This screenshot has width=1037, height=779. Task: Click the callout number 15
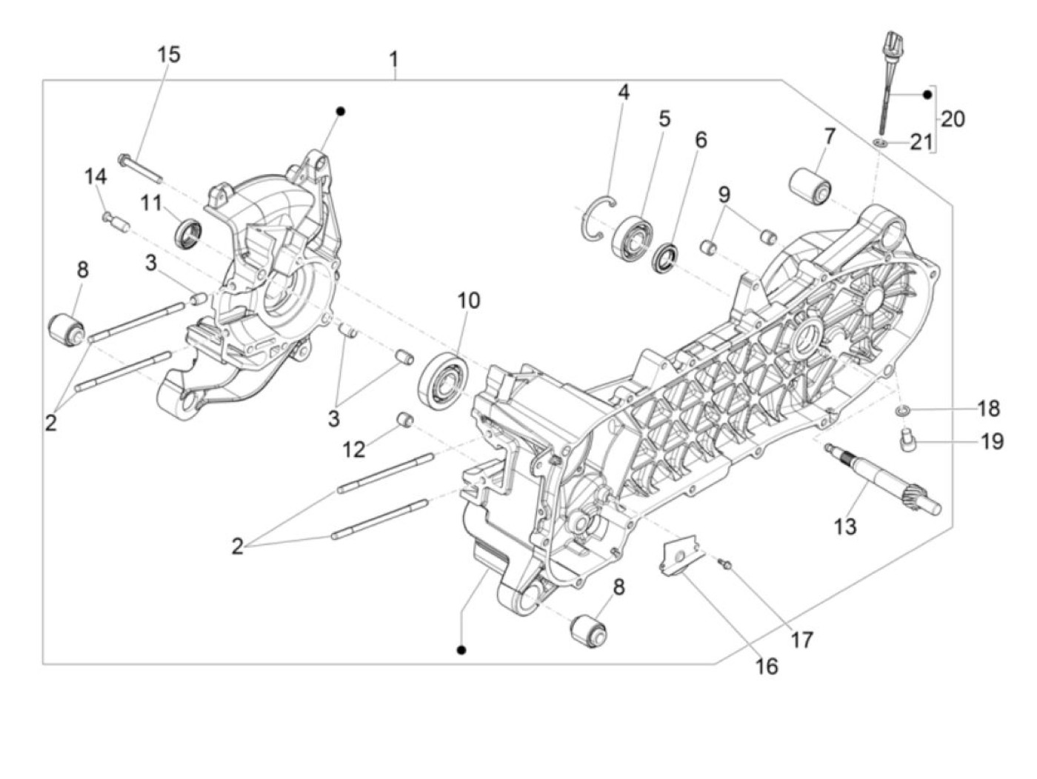[x=168, y=54]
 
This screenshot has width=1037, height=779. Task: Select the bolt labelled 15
[x=139, y=167]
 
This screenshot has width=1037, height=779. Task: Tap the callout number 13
[x=844, y=527]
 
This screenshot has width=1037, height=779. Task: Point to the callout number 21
[x=921, y=142]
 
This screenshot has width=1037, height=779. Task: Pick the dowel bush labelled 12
[x=406, y=420]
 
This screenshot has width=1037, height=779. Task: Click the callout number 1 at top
[x=394, y=58]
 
